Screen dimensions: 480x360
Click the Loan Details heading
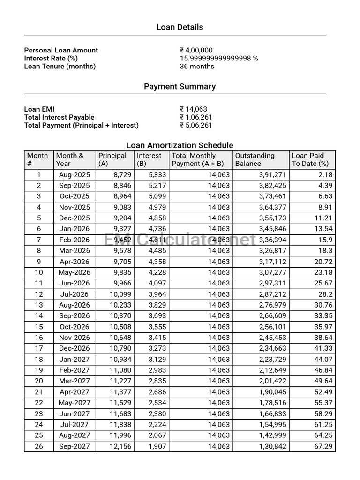coord(180,27)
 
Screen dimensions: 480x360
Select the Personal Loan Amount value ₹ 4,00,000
coord(196,50)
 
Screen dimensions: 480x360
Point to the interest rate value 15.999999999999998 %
coord(218,58)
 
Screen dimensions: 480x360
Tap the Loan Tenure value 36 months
coord(197,66)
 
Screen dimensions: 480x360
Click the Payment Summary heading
coord(180,86)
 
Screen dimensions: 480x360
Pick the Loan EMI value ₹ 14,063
coord(193,109)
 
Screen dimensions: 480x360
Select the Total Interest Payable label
coord(59,117)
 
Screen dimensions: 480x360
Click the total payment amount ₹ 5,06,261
coord(196,125)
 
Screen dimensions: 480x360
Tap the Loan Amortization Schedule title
coord(180,145)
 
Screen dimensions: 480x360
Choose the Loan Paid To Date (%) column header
coord(310,159)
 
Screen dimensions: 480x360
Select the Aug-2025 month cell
coord(74,174)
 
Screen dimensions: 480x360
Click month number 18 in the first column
coord(39,360)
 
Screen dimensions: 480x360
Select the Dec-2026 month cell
coord(74,348)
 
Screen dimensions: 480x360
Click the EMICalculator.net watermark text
coord(180,240)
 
